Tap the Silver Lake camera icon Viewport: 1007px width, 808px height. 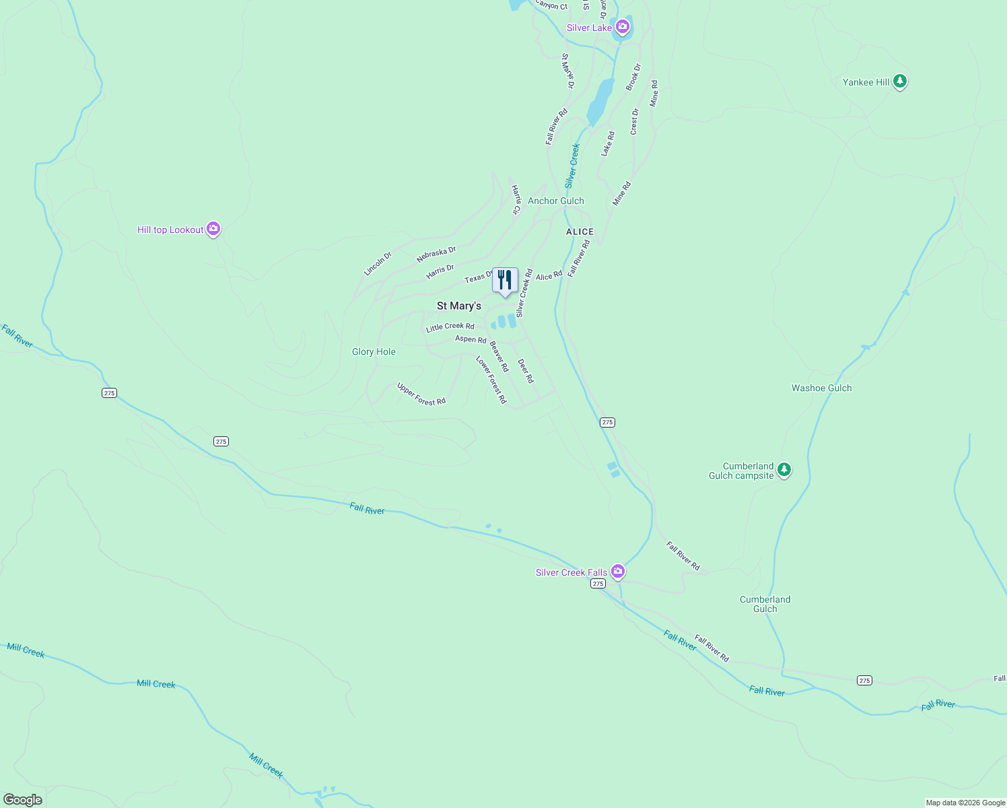coord(623,28)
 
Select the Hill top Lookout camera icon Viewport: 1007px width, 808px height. coord(213,229)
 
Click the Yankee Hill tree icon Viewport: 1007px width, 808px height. coord(900,81)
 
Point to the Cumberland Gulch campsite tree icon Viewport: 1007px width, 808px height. coord(784,470)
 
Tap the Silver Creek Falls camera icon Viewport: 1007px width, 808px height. coord(618,572)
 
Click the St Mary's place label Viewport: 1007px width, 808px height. coord(459,306)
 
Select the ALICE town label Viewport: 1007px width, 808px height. coord(580,232)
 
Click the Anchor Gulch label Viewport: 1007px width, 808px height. coord(555,201)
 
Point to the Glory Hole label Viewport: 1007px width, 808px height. coord(374,351)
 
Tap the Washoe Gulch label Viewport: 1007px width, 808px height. coord(821,388)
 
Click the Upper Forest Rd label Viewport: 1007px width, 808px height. coord(421,395)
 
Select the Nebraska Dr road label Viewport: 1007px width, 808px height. coord(436,255)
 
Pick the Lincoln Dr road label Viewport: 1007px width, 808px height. coord(378,264)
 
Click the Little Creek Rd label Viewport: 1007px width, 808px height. coord(450,327)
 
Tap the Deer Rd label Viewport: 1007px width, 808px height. coord(526,371)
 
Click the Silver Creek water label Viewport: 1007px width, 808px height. coord(572,166)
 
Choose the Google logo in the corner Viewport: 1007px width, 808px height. coord(22,800)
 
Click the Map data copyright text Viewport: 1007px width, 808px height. coord(965,803)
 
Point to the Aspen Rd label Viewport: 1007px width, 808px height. coord(471,339)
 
